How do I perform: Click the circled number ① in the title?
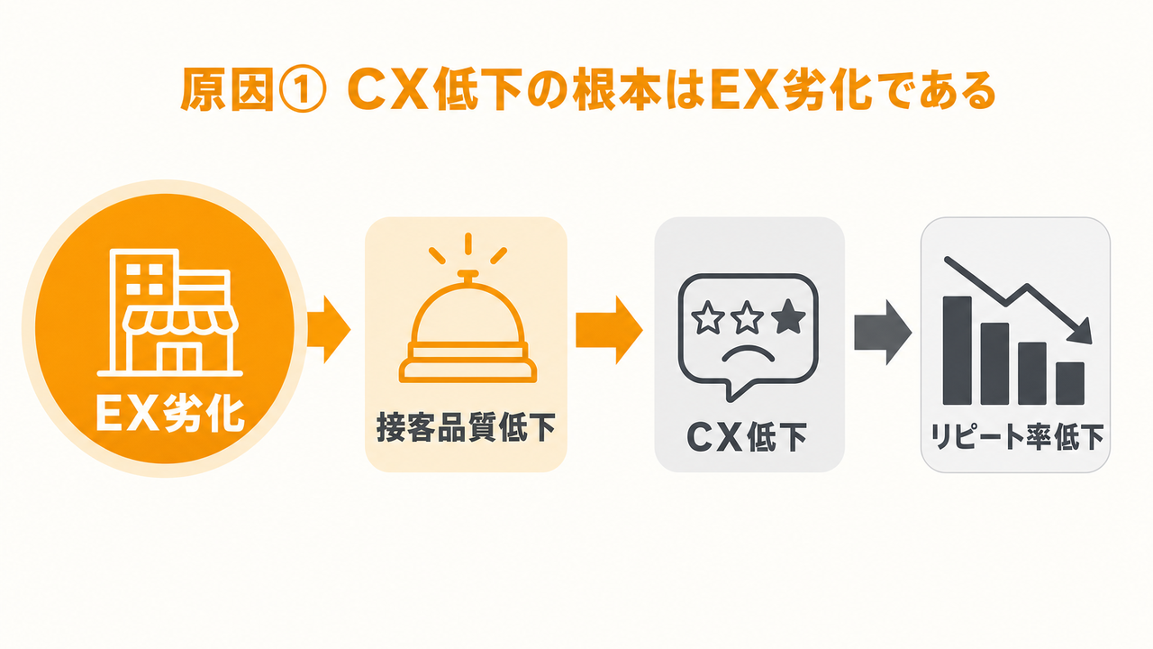[x=304, y=92]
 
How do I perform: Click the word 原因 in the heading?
[x=227, y=91]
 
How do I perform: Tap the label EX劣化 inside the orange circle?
[x=170, y=414]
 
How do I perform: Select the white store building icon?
[x=170, y=312]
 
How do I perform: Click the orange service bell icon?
[x=468, y=308]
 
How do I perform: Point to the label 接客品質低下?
[x=467, y=427]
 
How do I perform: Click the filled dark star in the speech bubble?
[x=788, y=316]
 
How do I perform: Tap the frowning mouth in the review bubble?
[x=749, y=353]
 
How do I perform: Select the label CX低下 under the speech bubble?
[x=748, y=437]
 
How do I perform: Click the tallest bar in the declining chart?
[x=957, y=351]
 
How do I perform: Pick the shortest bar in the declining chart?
[x=1070, y=383]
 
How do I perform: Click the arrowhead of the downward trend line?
[x=1080, y=331]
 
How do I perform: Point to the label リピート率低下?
[x=1017, y=438]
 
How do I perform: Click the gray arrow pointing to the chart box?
[x=883, y=333]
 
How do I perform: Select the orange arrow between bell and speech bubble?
[x=609, y=330]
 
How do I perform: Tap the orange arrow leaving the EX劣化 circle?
[x=329, y=330]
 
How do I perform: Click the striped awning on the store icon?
[x=180, y=320]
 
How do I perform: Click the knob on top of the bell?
[x=468, y=275]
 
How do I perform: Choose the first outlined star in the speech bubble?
[x=705, y=317]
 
